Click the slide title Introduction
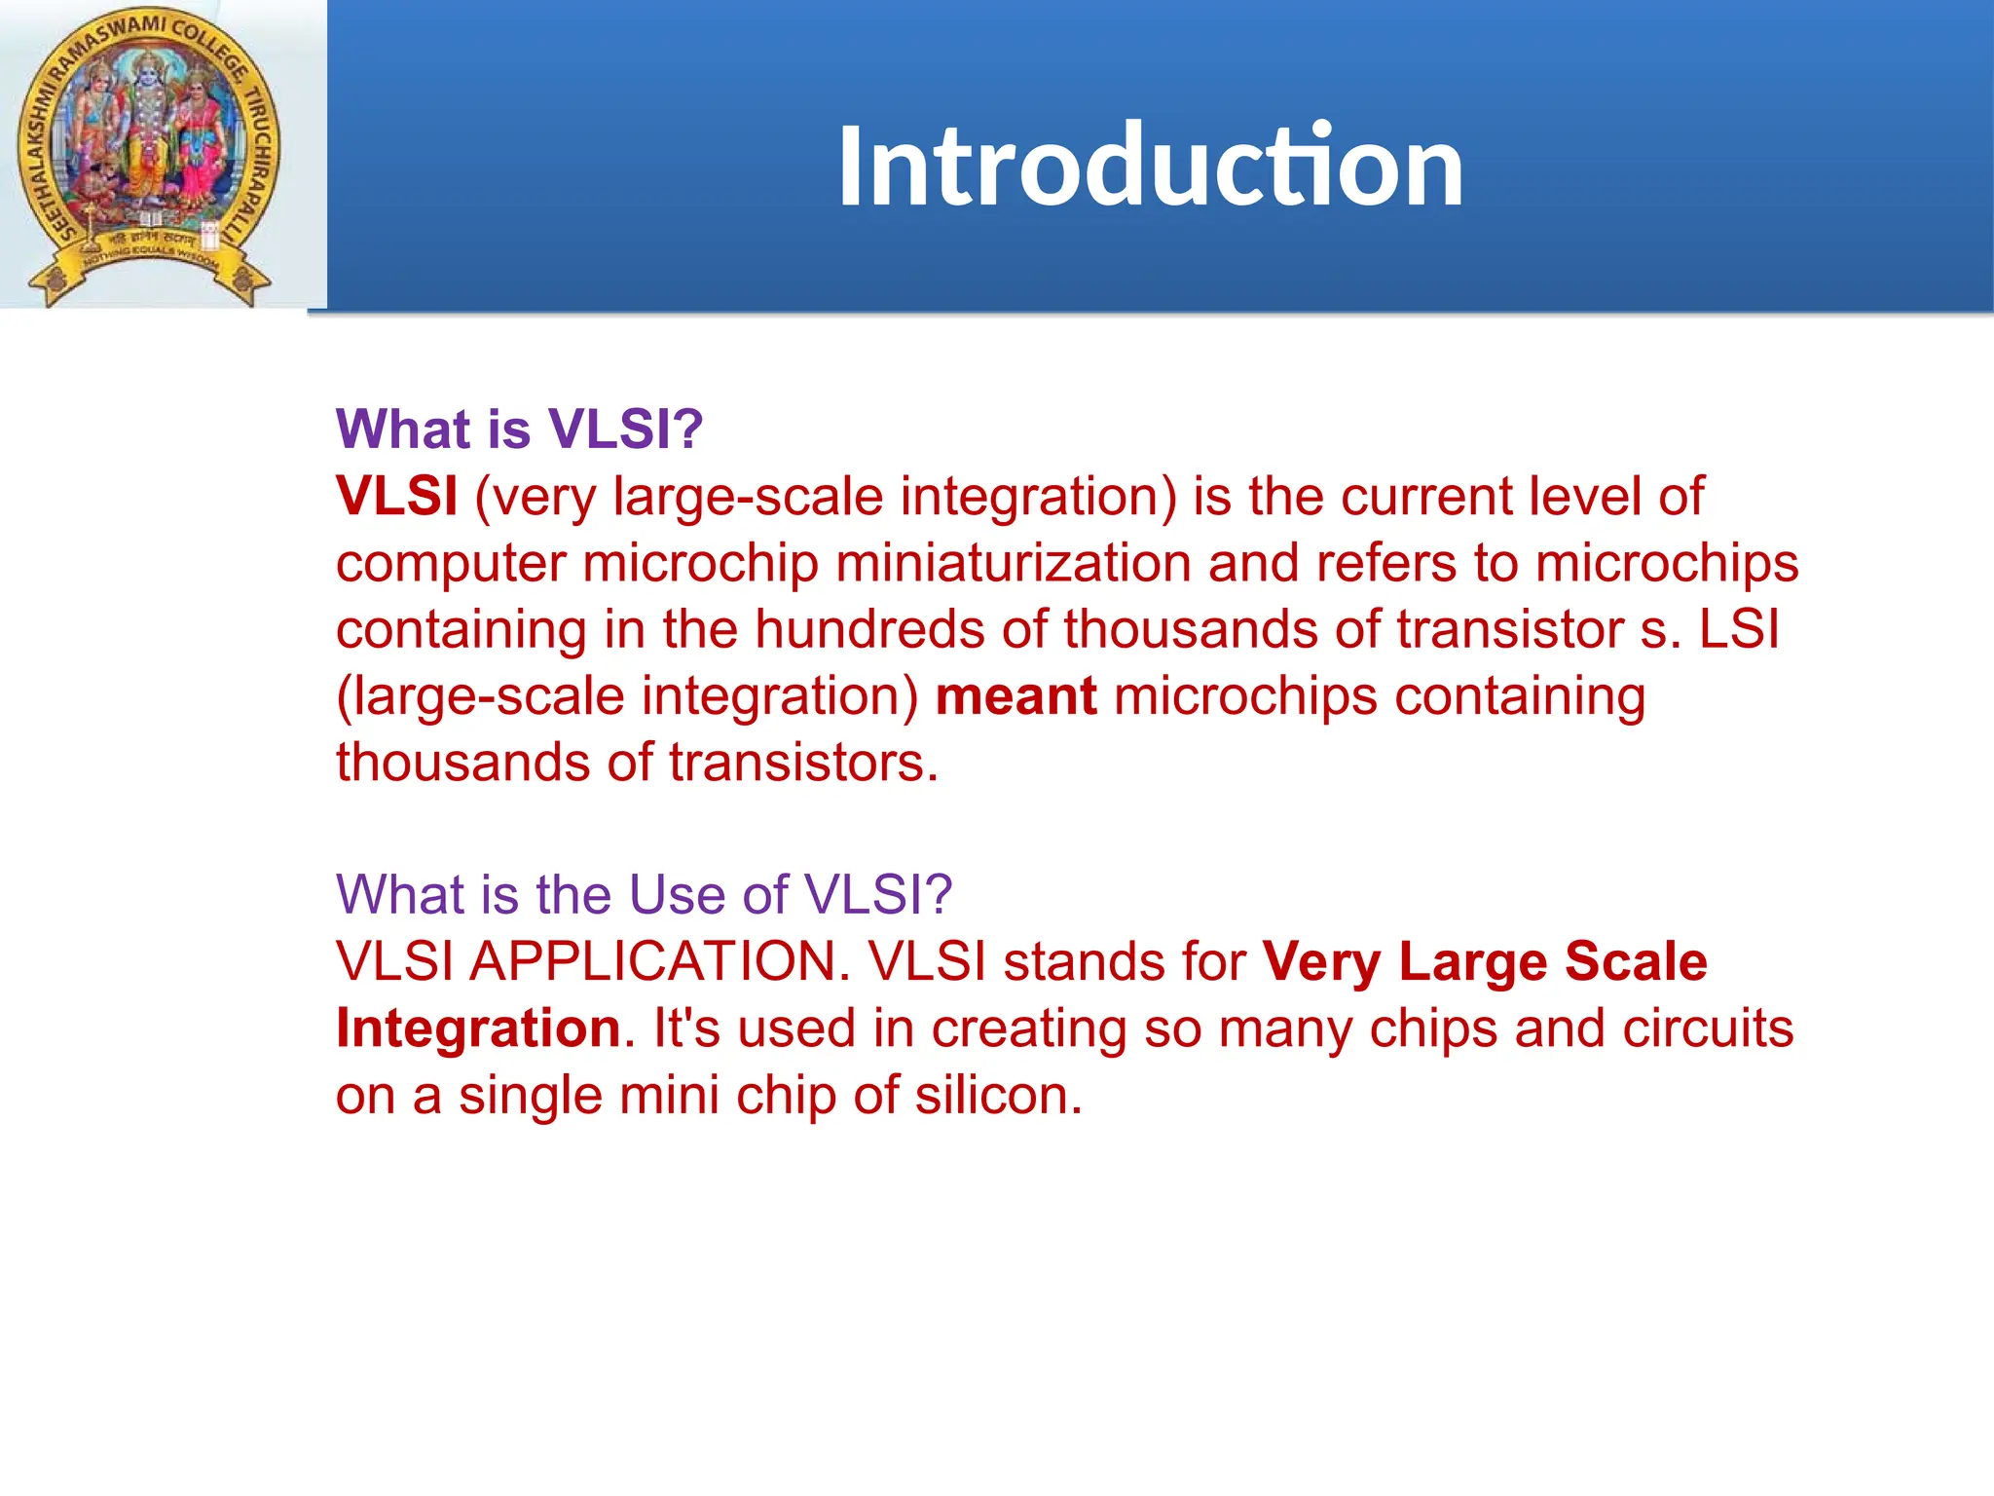tap(1150, 166)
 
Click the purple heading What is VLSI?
tap(519, 429)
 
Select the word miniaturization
tap(1013, 563)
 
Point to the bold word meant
tap(1015, 696)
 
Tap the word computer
tap(451, 565)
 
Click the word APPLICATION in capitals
tap(659, 961)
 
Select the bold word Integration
tap(478, 1028)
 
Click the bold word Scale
tap(1636, 961)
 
